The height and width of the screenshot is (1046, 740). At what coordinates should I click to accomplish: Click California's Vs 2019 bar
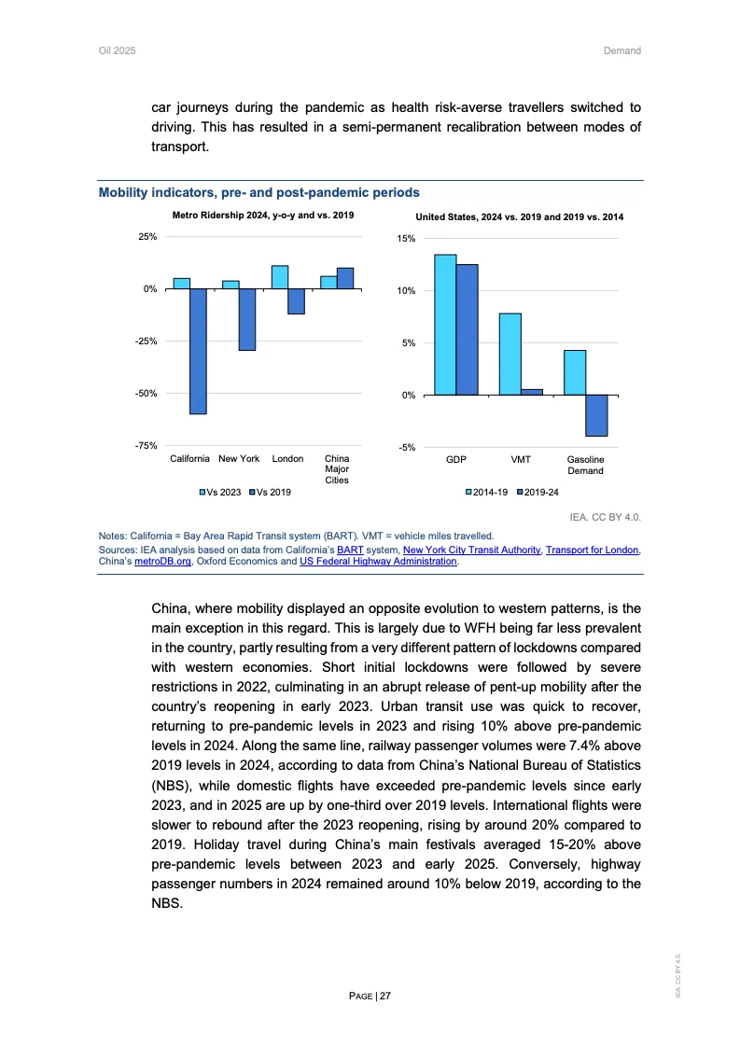click(x=198, y=351)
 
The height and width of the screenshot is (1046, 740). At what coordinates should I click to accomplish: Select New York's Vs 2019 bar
click(x=246, y=319)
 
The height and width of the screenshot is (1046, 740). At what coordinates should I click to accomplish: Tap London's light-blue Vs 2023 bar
click(x=279, y=277)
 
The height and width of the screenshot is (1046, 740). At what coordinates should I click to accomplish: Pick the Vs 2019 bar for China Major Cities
click(x=344, y=278)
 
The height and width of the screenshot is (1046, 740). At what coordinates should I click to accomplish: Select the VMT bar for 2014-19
click(x=510, y=354)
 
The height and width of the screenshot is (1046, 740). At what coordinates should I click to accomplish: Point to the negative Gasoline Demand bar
click(x=596, y=415)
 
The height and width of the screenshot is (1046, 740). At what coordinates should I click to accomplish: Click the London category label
click(x=287, y=459)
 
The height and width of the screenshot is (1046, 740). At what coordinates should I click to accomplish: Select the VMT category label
click(x=521, y=460)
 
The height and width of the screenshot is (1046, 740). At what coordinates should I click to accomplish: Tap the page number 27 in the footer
click(x=384, y=997)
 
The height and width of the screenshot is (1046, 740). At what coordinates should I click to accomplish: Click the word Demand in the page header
click(x=622, y=50)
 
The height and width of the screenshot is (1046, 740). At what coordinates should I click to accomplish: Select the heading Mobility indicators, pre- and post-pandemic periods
click(x=258, y=192)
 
